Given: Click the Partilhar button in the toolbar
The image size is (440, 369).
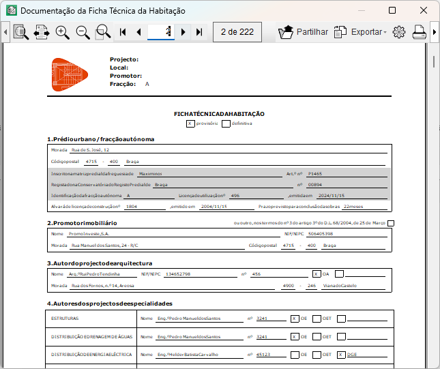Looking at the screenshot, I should point(303,32).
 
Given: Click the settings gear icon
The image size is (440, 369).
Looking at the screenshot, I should point(399,32).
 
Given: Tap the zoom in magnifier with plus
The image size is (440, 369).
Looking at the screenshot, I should point(63,32).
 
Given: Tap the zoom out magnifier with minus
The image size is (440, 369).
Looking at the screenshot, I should point(83,32).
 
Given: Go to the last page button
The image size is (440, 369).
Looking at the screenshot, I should point(199,32).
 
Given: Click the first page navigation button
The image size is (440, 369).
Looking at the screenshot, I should point(123,32).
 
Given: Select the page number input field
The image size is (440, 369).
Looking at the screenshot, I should point(161,32).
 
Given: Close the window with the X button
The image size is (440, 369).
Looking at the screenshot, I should point(424,11).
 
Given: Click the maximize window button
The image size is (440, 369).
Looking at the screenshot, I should point(392,11).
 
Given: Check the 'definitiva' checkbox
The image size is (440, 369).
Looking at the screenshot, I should point(226,123).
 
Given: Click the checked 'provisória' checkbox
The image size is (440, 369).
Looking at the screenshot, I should point(190,123).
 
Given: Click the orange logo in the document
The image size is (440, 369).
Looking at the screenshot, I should point(70,74).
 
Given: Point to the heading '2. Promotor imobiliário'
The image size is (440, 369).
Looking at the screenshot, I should point(82,223).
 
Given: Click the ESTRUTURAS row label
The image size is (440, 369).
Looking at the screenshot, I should point(65,318).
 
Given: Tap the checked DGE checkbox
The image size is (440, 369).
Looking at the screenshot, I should point(341,355).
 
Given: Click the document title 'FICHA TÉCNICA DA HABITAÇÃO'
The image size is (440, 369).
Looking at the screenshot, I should point(219,114).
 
